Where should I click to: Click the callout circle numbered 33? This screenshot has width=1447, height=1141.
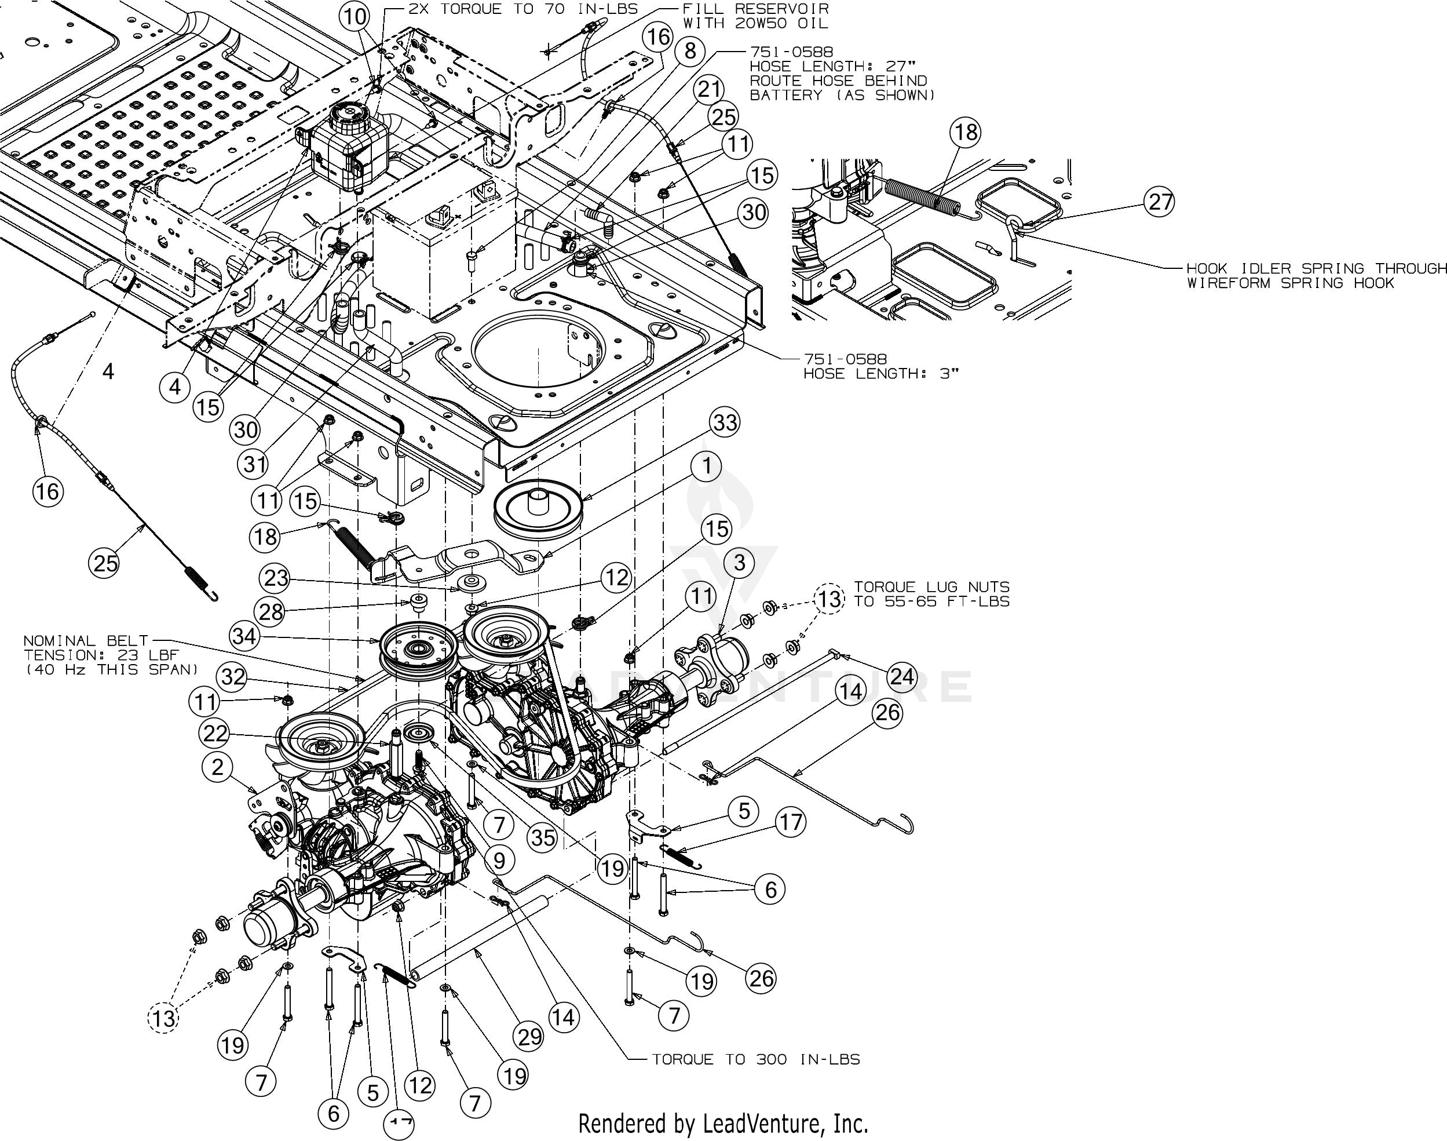click(x=725, y=422)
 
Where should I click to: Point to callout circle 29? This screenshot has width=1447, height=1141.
click(x=529, y=1036)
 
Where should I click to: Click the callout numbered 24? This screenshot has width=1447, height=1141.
click(x=901, y=677)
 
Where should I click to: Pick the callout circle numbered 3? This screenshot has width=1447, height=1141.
click(x=739, y=563)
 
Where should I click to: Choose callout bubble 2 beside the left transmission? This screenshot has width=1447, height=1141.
click(x=218, y=767)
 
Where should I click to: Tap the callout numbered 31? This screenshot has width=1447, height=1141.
click(x=254, y=463)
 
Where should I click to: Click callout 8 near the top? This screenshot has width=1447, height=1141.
click(x=690, y=51)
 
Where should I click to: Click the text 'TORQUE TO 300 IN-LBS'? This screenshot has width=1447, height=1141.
click(x=755, y=1059)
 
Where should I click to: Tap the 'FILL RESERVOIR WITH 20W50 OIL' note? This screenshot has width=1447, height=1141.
click(x=755, y=16)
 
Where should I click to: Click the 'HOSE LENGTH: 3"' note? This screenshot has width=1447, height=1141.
click(x=880, y=367)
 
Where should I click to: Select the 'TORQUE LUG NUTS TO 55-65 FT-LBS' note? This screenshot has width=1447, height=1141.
click(x=931, y=594)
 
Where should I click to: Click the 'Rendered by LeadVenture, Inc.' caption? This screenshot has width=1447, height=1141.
click(x=722, y=1124)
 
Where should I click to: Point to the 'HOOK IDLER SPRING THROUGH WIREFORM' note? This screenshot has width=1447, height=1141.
click(x=1316, y=275)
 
